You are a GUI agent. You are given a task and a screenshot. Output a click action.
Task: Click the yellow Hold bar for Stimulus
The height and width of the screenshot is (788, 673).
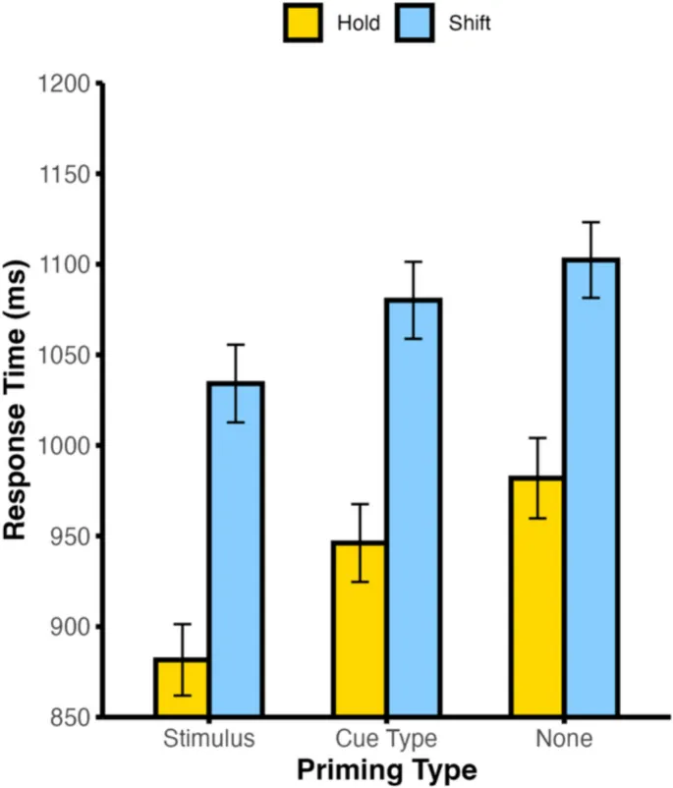[x=181, y=687]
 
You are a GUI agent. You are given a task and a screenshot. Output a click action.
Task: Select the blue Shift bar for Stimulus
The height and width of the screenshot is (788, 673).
[x=236, y=549]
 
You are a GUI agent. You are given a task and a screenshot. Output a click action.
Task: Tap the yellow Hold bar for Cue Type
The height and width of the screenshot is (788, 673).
[x=359, y=629]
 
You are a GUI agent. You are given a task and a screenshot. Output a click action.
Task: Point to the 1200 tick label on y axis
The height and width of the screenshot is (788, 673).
[x=63, y=84]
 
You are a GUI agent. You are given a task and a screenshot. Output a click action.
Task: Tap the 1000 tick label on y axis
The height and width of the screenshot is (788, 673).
[x=63, y=446]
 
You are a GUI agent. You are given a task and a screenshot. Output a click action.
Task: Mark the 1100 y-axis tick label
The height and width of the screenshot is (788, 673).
[x=63, y=265]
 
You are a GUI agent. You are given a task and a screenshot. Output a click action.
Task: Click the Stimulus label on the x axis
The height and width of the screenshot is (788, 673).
[x=208, y=738]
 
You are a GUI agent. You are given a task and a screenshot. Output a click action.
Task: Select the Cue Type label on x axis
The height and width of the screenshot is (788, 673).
[x=386, y=738]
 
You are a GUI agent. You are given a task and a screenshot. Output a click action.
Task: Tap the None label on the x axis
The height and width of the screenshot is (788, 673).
[x=564, y=738]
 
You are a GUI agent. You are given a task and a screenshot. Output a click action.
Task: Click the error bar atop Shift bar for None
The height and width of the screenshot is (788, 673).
[x=590, y=259]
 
